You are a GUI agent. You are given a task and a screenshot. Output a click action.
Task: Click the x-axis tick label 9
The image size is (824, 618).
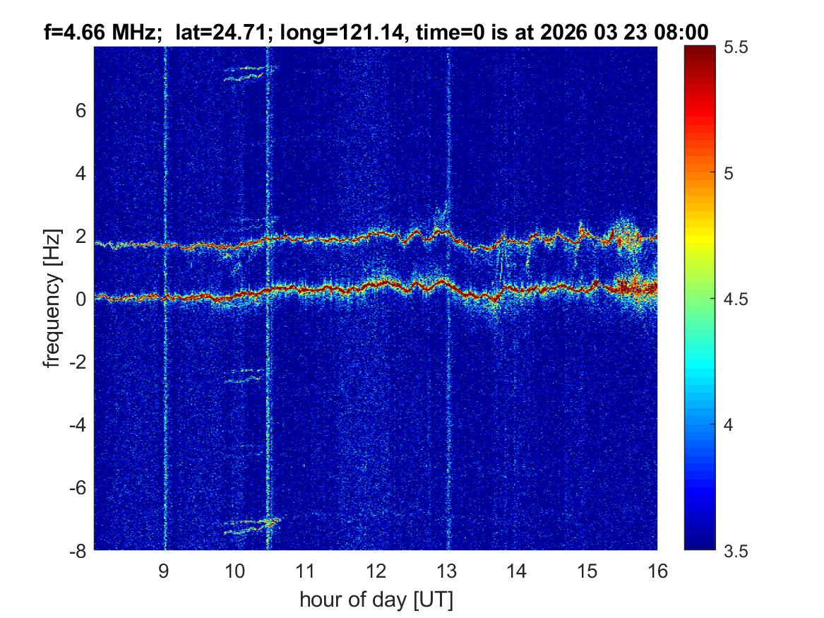(x=164, y=571)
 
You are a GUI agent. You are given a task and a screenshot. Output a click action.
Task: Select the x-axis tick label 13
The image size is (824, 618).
(x=446, y=571)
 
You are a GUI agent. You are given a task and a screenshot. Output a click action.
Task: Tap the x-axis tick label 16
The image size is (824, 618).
(x=657, y=571)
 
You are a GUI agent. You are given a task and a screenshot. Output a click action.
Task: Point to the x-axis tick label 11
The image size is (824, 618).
(x=305, y=571)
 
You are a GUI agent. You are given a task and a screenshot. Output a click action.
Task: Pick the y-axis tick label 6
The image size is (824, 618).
(x=80, y=111)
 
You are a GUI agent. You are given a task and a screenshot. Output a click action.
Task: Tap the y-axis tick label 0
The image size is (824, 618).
(x=80, y=299)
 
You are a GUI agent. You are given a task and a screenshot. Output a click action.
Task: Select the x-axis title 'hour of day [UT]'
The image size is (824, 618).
(x=376, y=600)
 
